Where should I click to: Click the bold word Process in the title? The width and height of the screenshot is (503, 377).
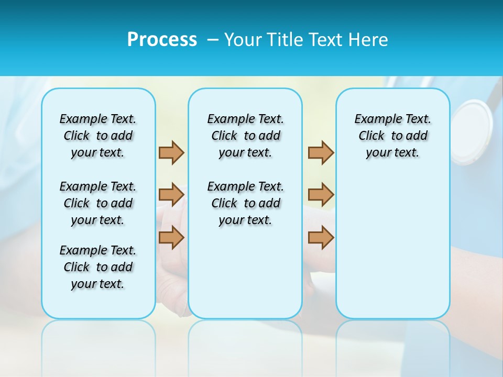162,40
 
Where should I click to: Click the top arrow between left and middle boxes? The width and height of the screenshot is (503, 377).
171,152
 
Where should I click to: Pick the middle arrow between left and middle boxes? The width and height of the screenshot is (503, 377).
171,195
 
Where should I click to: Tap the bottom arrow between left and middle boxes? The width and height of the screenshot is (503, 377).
171,238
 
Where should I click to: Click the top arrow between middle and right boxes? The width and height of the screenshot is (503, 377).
321,152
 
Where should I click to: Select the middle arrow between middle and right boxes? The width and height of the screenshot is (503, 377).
321,195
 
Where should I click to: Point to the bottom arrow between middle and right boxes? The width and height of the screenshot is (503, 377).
321,238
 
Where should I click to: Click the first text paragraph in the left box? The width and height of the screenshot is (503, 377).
98,136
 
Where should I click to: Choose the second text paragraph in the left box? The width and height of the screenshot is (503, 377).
98,203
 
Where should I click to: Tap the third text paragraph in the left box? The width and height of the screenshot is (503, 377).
98,267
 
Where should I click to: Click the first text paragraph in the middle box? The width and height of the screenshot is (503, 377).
245,136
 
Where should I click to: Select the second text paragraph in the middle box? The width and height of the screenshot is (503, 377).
245,203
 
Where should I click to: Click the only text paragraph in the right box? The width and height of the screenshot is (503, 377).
392,136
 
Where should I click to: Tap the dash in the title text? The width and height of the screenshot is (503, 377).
213,40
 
